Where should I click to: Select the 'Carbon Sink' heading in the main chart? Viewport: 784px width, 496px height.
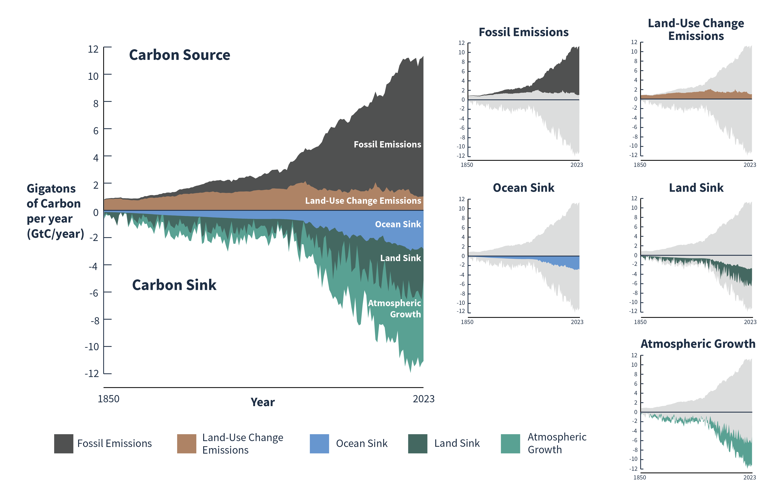(174, 285)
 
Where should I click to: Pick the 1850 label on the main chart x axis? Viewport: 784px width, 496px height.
(108, 399)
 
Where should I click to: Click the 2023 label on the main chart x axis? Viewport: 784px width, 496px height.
(423, 399)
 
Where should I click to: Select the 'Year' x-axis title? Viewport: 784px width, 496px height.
(262, 402)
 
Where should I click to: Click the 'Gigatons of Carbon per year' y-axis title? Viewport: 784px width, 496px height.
(55, 211)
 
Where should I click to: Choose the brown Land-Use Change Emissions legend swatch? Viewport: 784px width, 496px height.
(187, 444)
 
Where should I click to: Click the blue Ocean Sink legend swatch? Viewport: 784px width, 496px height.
(319, 444)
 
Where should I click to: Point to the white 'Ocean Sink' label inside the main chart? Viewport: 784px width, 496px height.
(398, 224)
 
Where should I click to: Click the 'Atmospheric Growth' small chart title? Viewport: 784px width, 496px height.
(698, 344)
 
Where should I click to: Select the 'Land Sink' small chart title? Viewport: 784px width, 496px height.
(696, 188)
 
